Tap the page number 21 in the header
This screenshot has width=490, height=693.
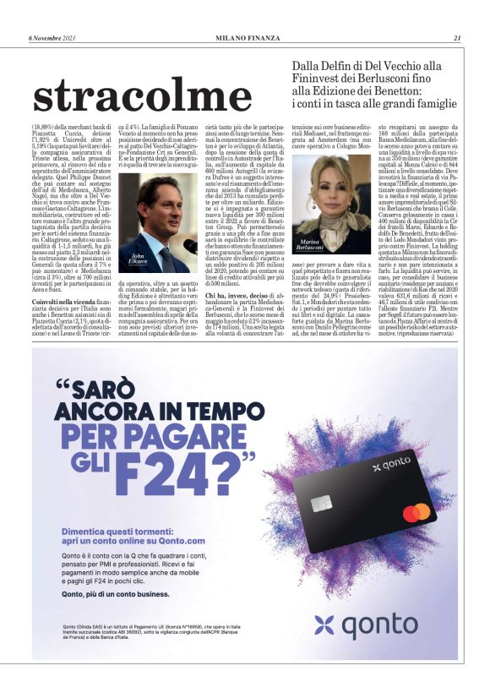point(456,37)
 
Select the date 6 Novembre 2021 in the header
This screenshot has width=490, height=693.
point(52,37)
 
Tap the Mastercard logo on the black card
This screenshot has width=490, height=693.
point(416,512)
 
